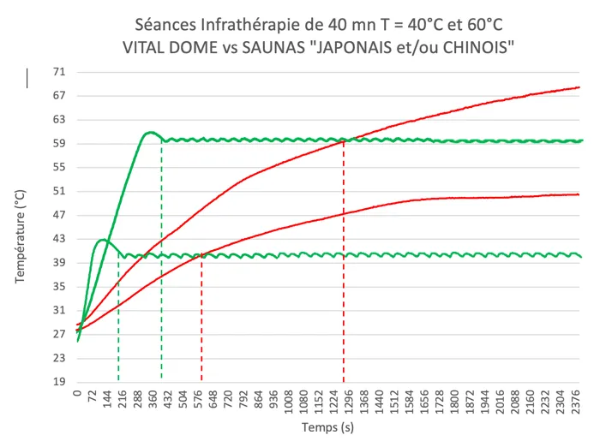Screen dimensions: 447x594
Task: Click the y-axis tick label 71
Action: (60, 72)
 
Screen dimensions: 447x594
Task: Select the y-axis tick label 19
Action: (60, 382)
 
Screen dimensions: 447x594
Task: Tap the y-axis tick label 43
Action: (60, 239)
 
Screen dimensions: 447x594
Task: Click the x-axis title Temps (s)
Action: (328, 426)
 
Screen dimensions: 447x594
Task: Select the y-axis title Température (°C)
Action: (20, 227)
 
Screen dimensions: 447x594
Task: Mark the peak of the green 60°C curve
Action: (150, 132)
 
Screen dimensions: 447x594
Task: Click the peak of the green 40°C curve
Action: (103, 240)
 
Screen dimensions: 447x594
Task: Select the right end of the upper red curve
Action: (579, 87)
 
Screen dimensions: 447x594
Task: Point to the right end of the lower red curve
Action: (579, 194)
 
